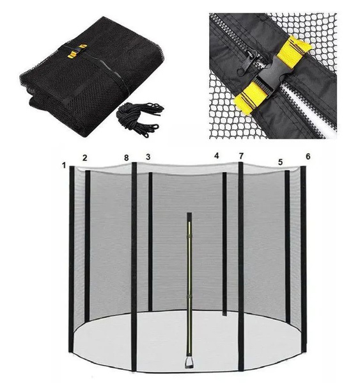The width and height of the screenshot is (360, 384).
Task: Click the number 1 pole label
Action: coord(64,166)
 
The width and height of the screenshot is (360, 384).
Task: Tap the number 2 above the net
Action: coord(84,158)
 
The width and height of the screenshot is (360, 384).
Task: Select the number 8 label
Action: coord(126,158)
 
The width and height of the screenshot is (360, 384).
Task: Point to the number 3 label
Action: coord(148,157)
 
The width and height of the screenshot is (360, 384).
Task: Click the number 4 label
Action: coord(216,156)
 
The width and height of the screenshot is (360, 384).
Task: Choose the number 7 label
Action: coord(241,156)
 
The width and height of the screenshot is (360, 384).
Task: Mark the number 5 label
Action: coord(281,162)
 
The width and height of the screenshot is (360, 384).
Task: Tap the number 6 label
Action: coord(308,156)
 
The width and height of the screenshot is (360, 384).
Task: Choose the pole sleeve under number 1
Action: coord(72,259)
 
